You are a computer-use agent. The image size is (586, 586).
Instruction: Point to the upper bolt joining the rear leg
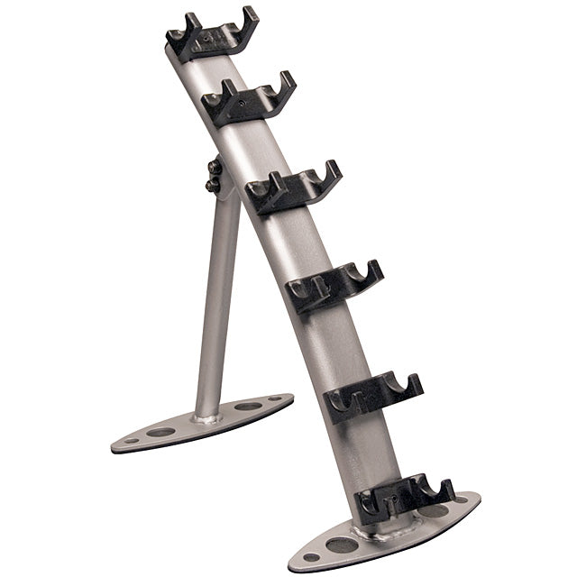click(215, 168)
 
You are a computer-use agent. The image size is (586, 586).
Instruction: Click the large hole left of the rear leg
click(161, 432)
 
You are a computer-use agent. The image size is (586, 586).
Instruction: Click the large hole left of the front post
click(341, 545)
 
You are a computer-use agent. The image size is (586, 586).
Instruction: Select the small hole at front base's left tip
click(308, 557)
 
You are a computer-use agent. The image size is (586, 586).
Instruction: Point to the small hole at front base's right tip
click(462, 499)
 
